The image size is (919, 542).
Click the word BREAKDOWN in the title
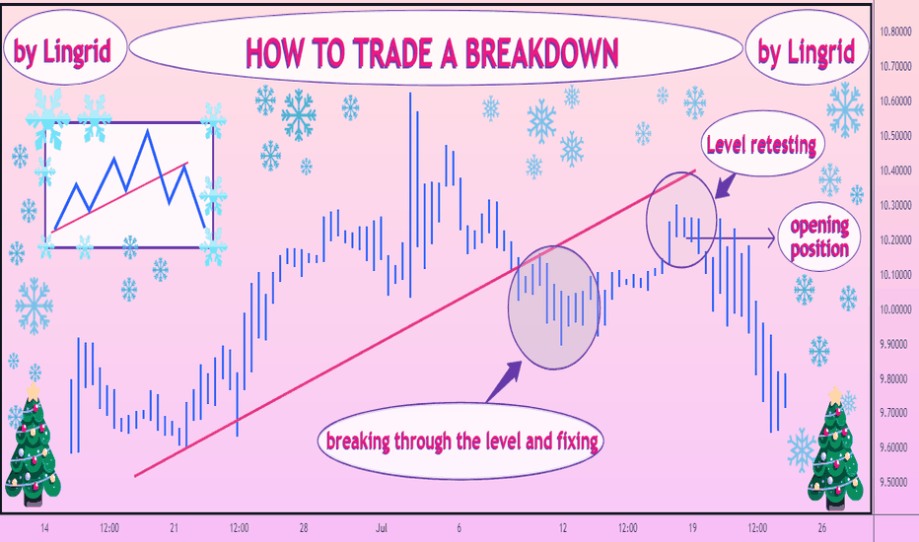point(541,53)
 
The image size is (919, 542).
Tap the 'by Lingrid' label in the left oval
point(62,51)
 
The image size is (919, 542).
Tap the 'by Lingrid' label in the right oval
point(806,51)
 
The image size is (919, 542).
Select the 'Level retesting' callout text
point(761,145)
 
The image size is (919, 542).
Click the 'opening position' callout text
point(819,237)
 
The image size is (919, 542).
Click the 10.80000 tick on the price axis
point(895,32)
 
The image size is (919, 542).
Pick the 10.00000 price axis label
point(895,309)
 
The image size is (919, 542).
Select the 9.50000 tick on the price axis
point(895,482)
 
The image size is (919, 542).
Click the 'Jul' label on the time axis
point(382,528)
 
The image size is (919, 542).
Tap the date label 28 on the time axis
point(304,528)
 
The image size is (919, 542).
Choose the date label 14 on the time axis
point(44,528)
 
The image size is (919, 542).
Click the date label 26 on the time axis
point(821,528)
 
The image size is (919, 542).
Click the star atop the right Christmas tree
point(834,394)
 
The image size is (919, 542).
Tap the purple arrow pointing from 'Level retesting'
point(726,185)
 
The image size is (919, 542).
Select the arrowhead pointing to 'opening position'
point(771,238)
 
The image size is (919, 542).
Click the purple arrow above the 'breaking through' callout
point(504,381)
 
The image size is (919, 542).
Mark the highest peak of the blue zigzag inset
point(147,130)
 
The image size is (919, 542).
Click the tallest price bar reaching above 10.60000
point(410,194)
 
